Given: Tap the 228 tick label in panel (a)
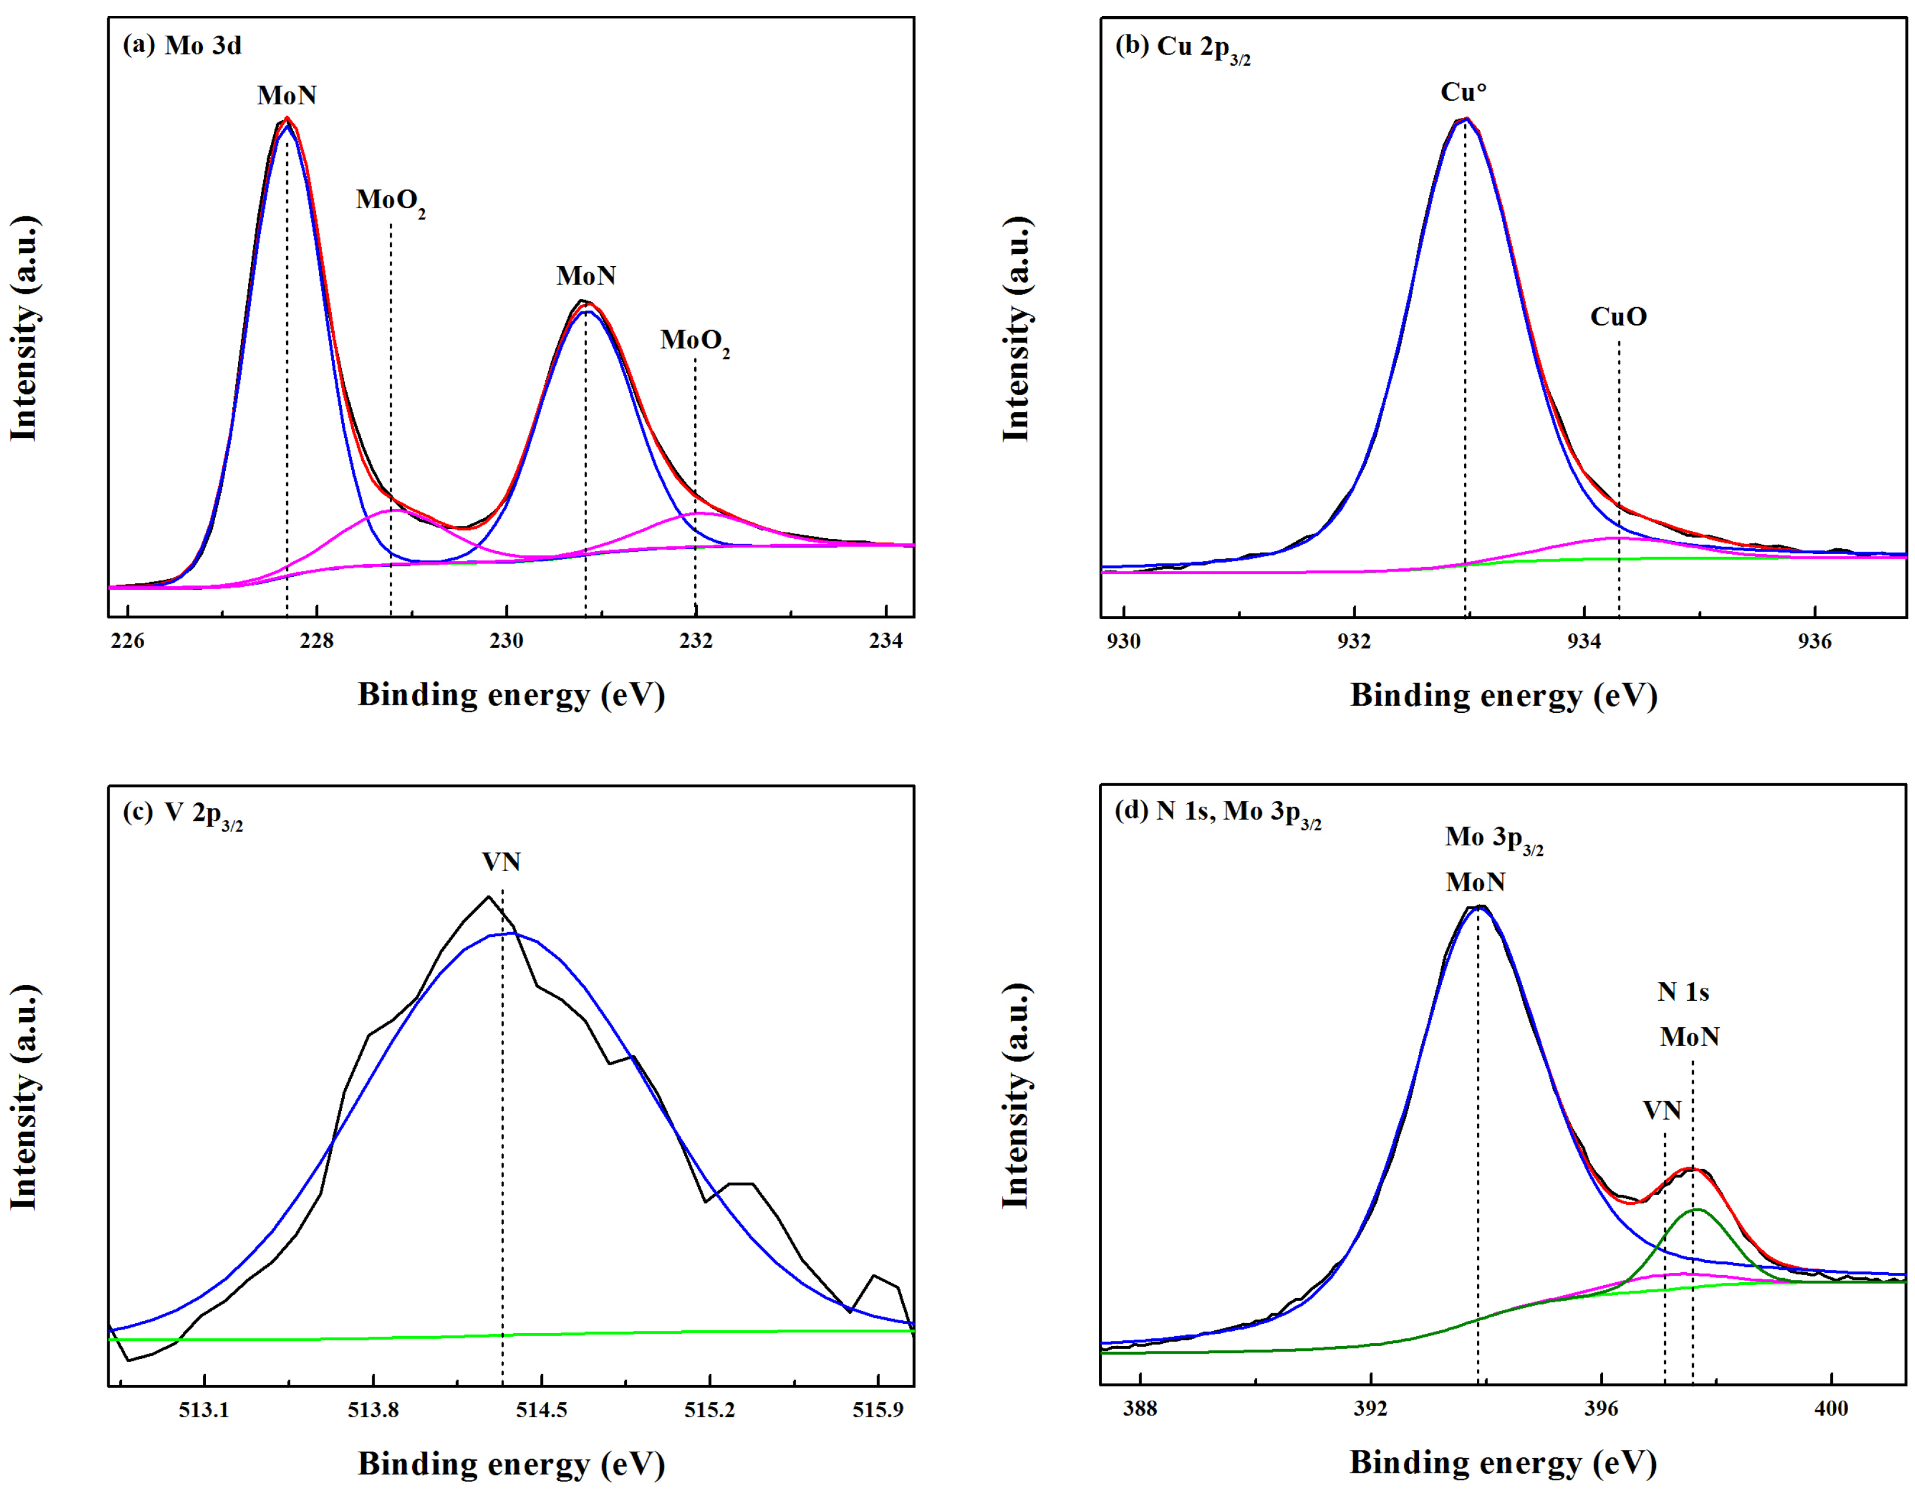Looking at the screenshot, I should [x=317, y=641].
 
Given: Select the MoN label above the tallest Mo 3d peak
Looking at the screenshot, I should [x=287, y=95].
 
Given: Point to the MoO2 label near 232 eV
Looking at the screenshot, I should [x=694, y=341].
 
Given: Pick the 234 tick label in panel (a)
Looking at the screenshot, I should [x=885, y=641].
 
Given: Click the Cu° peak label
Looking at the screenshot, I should [x=1464, y=92].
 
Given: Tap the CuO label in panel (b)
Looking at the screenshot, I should [x=1619, y=317].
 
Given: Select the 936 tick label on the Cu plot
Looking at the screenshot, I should [x=1814, y=642].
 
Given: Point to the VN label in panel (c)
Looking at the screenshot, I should [x=501, y=862].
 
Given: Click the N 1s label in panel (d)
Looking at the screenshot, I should [x=1683, y=992].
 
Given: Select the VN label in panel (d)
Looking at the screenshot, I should [x=1662, y=1111].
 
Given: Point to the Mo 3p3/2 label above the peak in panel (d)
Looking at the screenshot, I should [x=1494, y=839].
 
